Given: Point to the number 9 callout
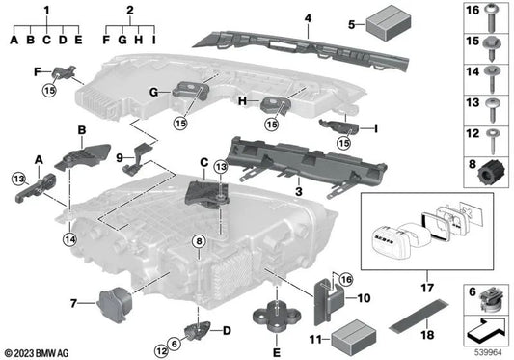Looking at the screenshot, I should tap(119, 158).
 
